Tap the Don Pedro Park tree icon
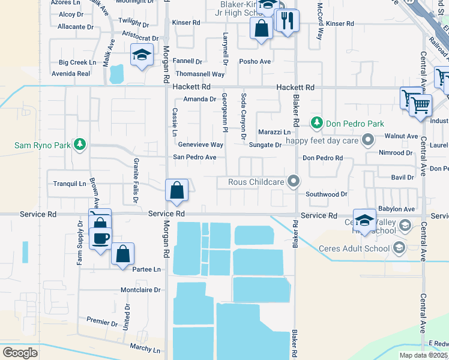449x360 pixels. click(x=316, y=123)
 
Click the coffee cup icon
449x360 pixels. click(x=100, y=238)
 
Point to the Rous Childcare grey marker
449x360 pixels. click(x=294, y=181)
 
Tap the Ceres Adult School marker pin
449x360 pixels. click(x=397, y=248)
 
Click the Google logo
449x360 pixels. click(x=20, y=353)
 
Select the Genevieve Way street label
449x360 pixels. click(x=200, y=145)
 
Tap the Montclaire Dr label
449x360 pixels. click(x=141, y=290)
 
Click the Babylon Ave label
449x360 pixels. click(x=396, y=209)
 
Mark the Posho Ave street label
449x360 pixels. click(x=255, y=61)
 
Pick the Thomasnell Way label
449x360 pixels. click(x=200, y=74)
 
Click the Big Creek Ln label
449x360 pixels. click(x=77, y=62)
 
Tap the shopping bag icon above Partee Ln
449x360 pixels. click(x=122, y=253)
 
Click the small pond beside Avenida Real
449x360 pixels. click(x=116, y=73)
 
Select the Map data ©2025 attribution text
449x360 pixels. click(x=424, y=355)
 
